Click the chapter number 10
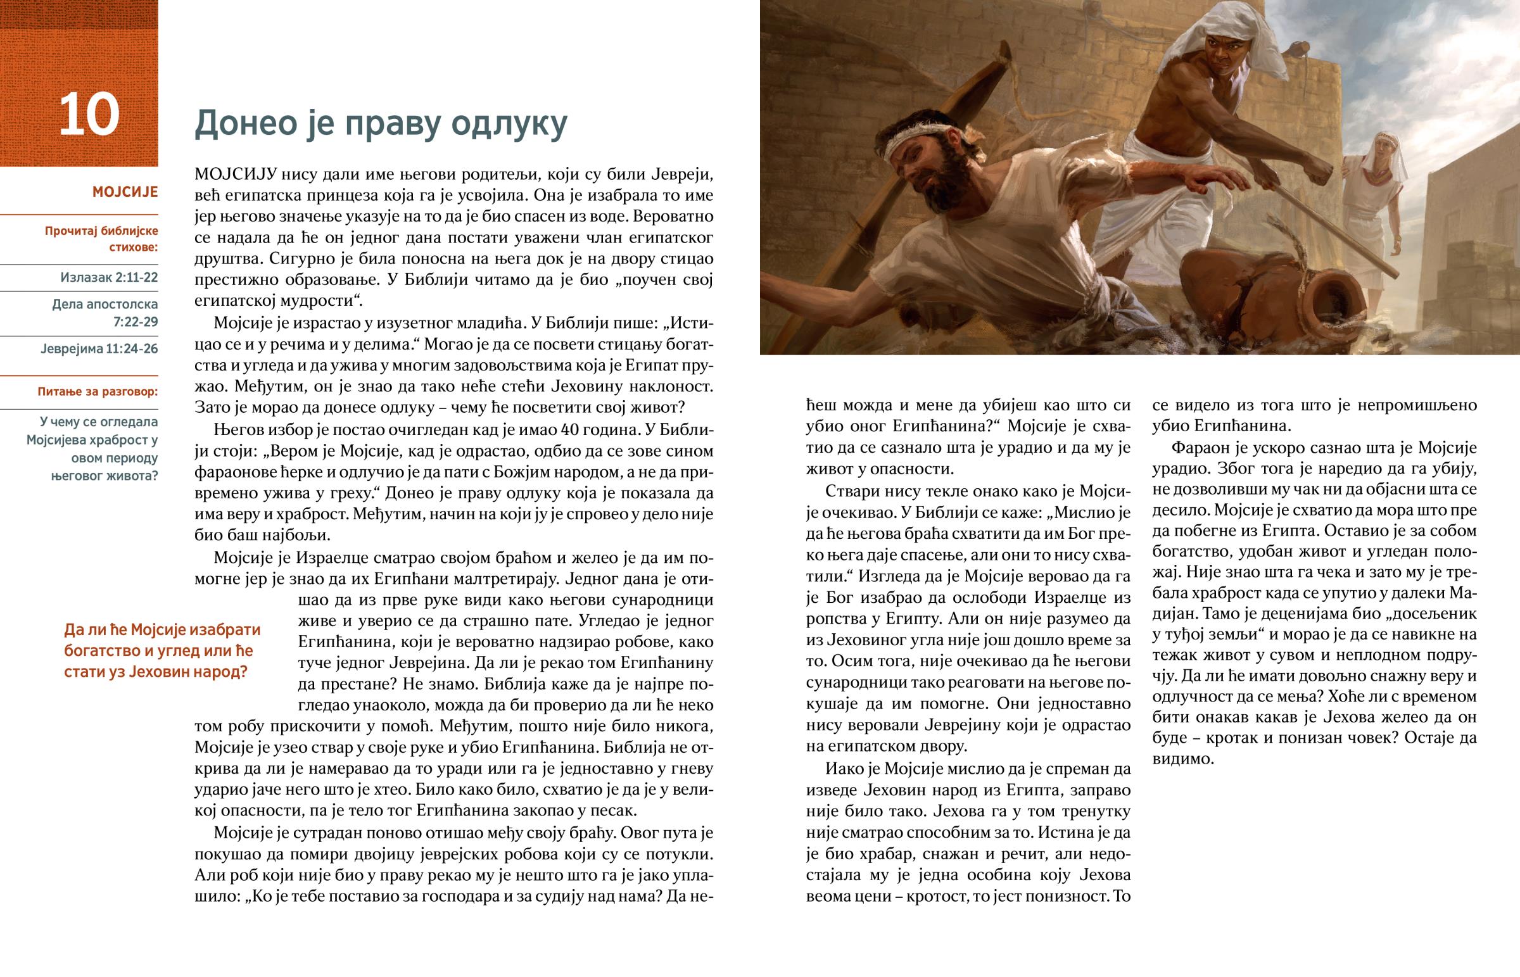click(x=89, y=115)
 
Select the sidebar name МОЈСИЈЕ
click(x=125, y=192)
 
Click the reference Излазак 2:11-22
click(x=109, y=277)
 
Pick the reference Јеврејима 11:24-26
click(x=99, y=349)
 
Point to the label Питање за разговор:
click(x=98, y=392)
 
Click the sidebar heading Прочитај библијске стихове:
click(x=101, y=239)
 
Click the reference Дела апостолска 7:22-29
click(x=104, y=313)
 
